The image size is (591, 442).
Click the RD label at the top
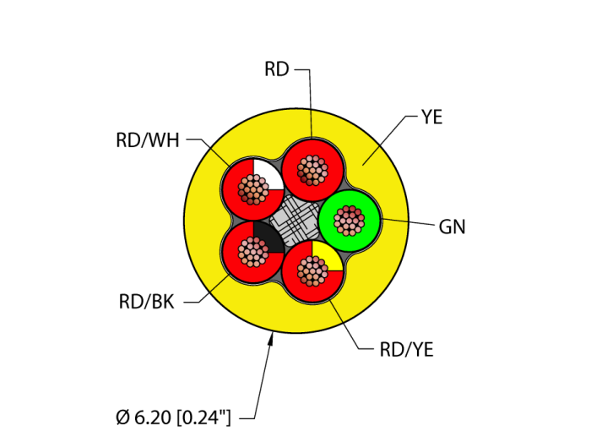coord(276,69)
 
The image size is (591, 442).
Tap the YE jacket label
coord(431,117)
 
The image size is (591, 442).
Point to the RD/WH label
coord(148,140)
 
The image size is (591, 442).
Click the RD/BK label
coord(147,302)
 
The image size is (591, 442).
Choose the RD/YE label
coord(407,349)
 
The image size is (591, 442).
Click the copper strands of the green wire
coord(349,221)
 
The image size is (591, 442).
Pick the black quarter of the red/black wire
coord(266,236)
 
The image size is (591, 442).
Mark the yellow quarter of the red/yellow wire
coord(328,256)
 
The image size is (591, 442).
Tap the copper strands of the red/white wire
coord(252,189)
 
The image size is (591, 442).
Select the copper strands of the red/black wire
coord(251,250)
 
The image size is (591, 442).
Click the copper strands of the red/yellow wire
coord(312,270)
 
